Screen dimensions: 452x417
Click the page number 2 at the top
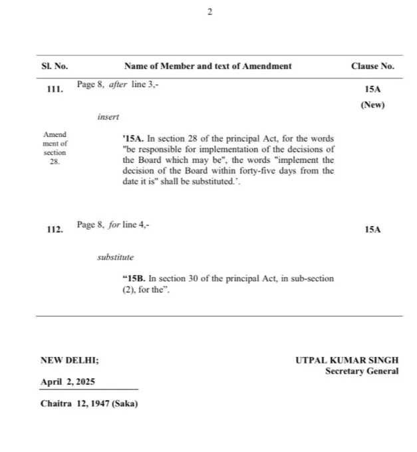[x=209, y=13]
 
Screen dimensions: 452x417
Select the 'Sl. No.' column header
[x=55, y=66]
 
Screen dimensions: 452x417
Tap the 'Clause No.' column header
[x=372, y=66]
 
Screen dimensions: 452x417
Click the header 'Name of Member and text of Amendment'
[x=208, y=66]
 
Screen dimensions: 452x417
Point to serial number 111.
[x=55, y=89]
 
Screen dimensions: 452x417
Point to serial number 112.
[x=55, y=229]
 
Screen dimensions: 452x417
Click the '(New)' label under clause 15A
[x=372, y=105]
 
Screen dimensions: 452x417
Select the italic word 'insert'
[x=108, y=117]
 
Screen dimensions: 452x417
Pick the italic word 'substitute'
[x=115, y=257]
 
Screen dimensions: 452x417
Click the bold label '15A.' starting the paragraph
[x=134, y=139]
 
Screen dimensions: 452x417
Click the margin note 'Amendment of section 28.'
[x=55, y=148]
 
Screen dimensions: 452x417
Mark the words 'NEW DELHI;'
[x=70, y=360]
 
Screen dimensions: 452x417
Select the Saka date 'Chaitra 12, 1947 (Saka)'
[x=89, y=403]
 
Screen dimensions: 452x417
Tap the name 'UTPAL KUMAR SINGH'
[x=347, y=360]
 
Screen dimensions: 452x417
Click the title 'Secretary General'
[x=362, y=371]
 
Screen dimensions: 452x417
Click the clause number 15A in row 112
[x=372, y=229]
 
